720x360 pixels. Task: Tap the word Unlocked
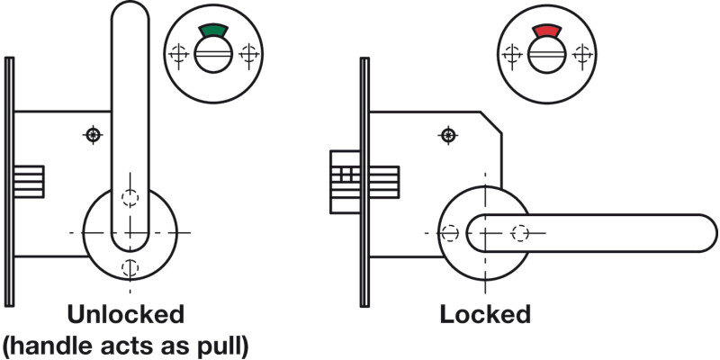126,315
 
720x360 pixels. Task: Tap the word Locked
485,315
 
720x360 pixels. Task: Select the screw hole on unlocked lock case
92,135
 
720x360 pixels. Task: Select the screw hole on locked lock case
447,135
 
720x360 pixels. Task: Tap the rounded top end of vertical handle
130,18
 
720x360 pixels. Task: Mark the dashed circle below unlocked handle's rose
131,266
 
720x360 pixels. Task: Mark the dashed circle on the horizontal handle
518,233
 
